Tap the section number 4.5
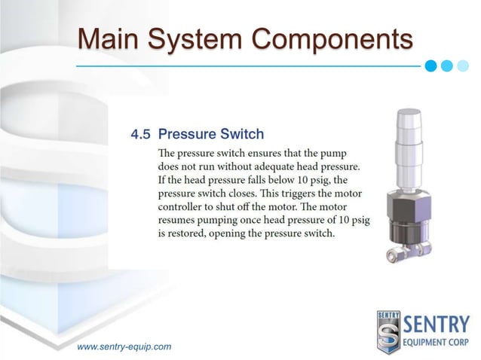click(141, 136)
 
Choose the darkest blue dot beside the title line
click(430, 65)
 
